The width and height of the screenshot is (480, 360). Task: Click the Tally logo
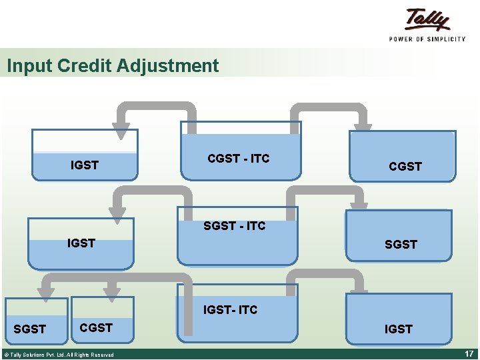coord(427,20)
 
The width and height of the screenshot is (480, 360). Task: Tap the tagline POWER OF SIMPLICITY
coord(427,39)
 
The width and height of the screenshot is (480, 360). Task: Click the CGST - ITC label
coord(239,158)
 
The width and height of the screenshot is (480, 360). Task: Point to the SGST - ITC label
coord(234,226)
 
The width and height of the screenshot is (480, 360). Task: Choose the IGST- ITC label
coord(230,310)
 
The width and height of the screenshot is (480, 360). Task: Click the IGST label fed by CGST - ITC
coord(85,165)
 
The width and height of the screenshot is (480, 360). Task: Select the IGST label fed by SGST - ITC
coord(81,243)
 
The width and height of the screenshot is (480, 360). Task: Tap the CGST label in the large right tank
coord(405,166)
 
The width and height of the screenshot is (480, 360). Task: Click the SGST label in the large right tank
coord(401,245)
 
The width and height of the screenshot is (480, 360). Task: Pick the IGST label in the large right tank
coord(398,329)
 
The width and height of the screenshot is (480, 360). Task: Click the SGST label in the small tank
coord(30,329)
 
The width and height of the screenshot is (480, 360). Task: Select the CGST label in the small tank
coord(96,327)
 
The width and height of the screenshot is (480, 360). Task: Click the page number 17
coord(468,353)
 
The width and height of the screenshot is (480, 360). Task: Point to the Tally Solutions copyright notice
coord(58,355)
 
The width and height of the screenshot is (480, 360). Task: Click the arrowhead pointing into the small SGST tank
coord(45,291)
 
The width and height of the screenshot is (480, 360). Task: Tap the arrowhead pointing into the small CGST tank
coord(112,291)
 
